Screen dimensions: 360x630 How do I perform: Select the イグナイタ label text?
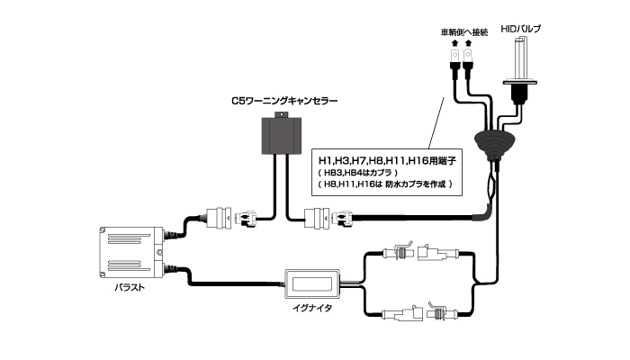coord(313,309)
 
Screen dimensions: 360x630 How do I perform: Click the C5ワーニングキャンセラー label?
coord(283,102)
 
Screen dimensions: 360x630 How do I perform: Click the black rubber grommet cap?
coord(494,144)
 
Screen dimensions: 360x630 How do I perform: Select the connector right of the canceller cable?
coord(329,218)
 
